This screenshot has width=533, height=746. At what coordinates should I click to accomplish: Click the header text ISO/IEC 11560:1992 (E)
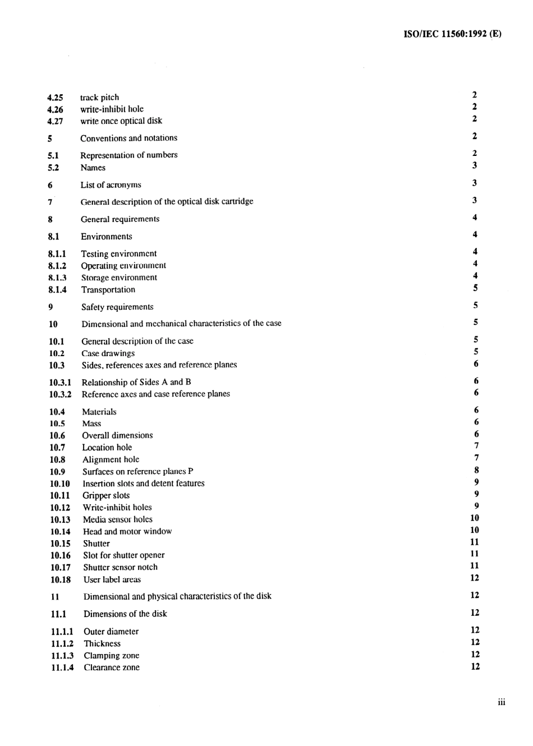tap(452, 34)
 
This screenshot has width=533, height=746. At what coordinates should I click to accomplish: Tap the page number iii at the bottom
tap(501, 702)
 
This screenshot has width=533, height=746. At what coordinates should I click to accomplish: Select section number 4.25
tap(55, 98)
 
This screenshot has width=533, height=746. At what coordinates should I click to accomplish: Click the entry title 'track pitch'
tap(99, 98)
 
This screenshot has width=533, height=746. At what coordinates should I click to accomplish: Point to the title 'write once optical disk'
tap(121, 121)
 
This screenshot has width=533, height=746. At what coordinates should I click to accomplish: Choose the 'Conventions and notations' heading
tap(128, 138)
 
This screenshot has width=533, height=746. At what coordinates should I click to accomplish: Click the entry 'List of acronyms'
tap(111, 185)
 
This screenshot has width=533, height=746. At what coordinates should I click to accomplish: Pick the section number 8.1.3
tap(57, 278)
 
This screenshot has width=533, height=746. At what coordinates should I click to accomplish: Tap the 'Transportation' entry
tap(108, 290)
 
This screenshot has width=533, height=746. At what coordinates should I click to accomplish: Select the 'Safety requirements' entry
tap(117, 307)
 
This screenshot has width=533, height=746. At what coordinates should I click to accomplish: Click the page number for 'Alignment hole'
tap(476, 458)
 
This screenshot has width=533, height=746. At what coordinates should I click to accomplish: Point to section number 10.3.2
tap(60, 394)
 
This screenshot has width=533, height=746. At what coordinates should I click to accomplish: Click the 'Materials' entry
tap(99, 412)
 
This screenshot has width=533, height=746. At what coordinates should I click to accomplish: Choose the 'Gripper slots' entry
tap(106, 496)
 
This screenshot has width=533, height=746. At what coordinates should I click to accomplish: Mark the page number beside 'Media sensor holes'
tap(475, 518)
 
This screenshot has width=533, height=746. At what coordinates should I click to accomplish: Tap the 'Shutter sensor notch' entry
tap(121, 568)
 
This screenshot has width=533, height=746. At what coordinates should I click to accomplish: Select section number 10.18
tap(60, 580)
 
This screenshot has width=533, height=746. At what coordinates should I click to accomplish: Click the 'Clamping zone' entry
tap(112, 656)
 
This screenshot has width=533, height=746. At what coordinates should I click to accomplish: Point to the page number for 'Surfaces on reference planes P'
tap(476, 470)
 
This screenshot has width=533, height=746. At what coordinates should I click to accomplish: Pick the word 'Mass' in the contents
tap(91, 424)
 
